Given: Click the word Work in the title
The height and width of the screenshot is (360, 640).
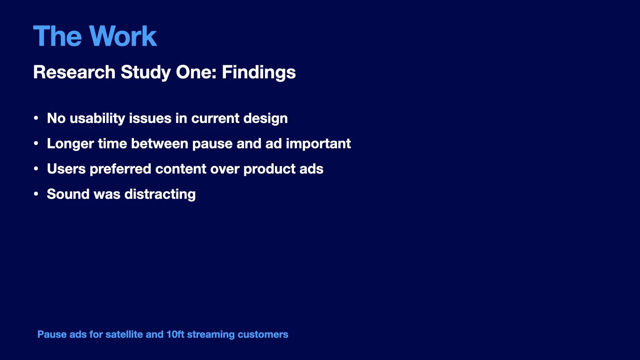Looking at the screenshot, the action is click(123, 36).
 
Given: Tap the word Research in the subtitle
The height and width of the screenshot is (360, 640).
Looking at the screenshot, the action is click(74, 72).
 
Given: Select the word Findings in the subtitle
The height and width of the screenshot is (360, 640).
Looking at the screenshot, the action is click(259, 73).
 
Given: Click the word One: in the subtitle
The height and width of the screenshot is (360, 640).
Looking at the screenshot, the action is click(196, 72).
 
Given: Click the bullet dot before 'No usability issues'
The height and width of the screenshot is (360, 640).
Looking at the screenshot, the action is click(36, 118).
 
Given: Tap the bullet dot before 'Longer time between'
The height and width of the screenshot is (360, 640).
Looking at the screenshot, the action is click(36, 143).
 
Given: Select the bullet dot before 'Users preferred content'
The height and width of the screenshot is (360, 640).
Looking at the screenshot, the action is click(36, 168).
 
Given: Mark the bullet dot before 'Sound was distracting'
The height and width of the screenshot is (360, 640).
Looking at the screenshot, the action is click(36, 194).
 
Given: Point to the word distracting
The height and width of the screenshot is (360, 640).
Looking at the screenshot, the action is click(160, 195).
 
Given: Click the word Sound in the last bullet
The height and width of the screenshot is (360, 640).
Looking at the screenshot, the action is click(68, 194).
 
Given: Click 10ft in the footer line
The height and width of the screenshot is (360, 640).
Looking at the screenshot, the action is click(175, 334).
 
